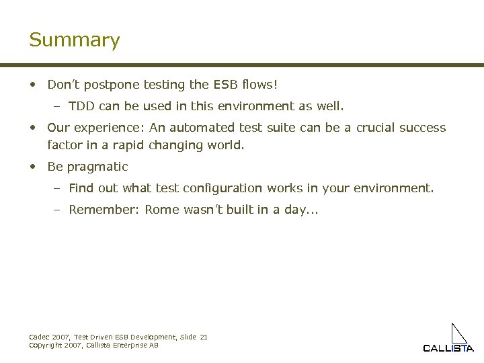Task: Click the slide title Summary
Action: click(74, 40)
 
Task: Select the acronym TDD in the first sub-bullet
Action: click(81, 106)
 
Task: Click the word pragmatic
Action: click(97, 167)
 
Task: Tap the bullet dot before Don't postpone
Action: click(32, 85)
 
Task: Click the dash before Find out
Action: click(57, 188)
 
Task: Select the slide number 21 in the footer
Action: click(204, 337)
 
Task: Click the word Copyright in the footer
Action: click(44, 345)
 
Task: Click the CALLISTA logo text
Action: click(448, 348)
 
